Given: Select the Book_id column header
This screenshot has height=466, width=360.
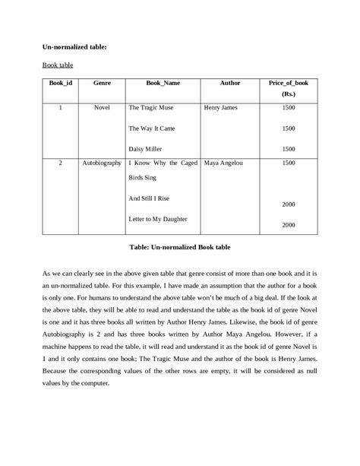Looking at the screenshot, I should [60, 81].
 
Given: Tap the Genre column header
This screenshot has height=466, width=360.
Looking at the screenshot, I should [102, 81].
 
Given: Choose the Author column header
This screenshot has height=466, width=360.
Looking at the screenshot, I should [229, 81].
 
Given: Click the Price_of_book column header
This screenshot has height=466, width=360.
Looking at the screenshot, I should [288, 81].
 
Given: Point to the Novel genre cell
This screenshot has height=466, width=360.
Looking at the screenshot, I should [102, 108].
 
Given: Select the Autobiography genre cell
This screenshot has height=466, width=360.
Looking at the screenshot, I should [102, 163].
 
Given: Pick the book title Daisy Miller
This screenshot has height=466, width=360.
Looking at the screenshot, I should [147, 149].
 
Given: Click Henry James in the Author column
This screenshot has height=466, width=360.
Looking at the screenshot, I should [221, 108].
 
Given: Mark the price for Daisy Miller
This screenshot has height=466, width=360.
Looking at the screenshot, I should [289, 149].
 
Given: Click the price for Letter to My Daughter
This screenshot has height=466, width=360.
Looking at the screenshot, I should [289, 225].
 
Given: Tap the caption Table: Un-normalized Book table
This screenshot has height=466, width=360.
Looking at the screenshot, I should [179, 249].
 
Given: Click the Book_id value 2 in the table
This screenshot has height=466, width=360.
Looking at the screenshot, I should [60, 163].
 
